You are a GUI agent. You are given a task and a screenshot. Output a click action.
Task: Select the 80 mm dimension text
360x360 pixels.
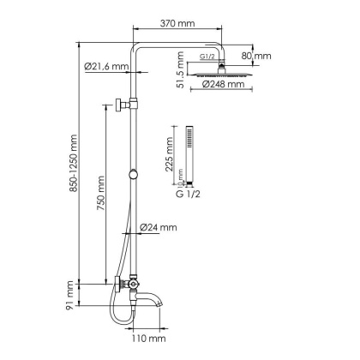pos(255,56)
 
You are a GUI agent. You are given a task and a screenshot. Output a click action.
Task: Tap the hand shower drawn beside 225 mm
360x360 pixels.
pos(190,154)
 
